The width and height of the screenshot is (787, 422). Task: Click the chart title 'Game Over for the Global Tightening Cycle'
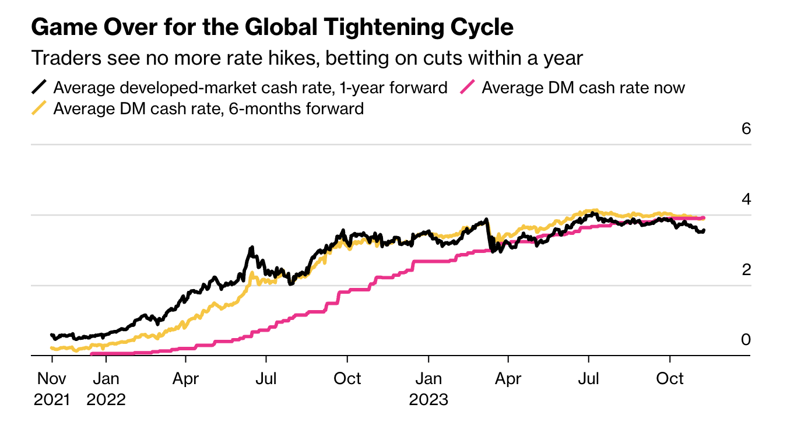point(272,27)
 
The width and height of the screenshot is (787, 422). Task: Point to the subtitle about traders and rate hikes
point(307,58)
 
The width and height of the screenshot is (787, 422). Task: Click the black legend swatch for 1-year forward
point(39,88)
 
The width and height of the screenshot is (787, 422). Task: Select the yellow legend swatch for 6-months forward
point(39,108)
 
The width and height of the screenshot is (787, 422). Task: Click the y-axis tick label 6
point(746,128)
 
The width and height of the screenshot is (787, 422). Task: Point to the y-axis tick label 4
point(746,199)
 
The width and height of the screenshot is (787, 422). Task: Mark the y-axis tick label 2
point(746,270)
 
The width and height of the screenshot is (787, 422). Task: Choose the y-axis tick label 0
point(746,340)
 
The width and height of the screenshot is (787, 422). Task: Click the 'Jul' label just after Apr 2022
point(266,379)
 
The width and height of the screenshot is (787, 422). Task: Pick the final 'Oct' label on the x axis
point(670,379)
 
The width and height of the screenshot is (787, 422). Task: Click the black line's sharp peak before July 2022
point(251,248)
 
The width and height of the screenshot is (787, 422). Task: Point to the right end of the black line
point(704,231)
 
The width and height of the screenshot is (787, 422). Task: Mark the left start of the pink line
point(92,353)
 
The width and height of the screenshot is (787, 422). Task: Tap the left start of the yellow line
point(52,348)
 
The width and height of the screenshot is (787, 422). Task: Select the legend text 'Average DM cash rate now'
point(583,88)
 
